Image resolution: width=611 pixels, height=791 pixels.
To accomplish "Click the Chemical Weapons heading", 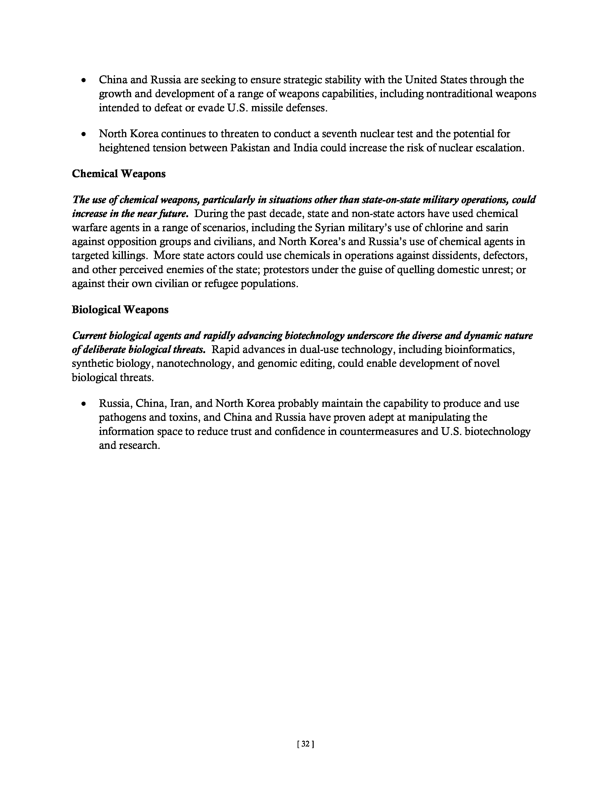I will pos(119,174).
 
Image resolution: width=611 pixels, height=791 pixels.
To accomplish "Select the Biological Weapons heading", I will pos(120,310).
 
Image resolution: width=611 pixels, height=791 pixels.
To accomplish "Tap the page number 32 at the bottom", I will pos(305,744).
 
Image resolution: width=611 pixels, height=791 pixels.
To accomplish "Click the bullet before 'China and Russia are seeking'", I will pos(84,80).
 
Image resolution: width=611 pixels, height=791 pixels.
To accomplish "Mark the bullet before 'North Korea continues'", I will pos(84,135).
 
